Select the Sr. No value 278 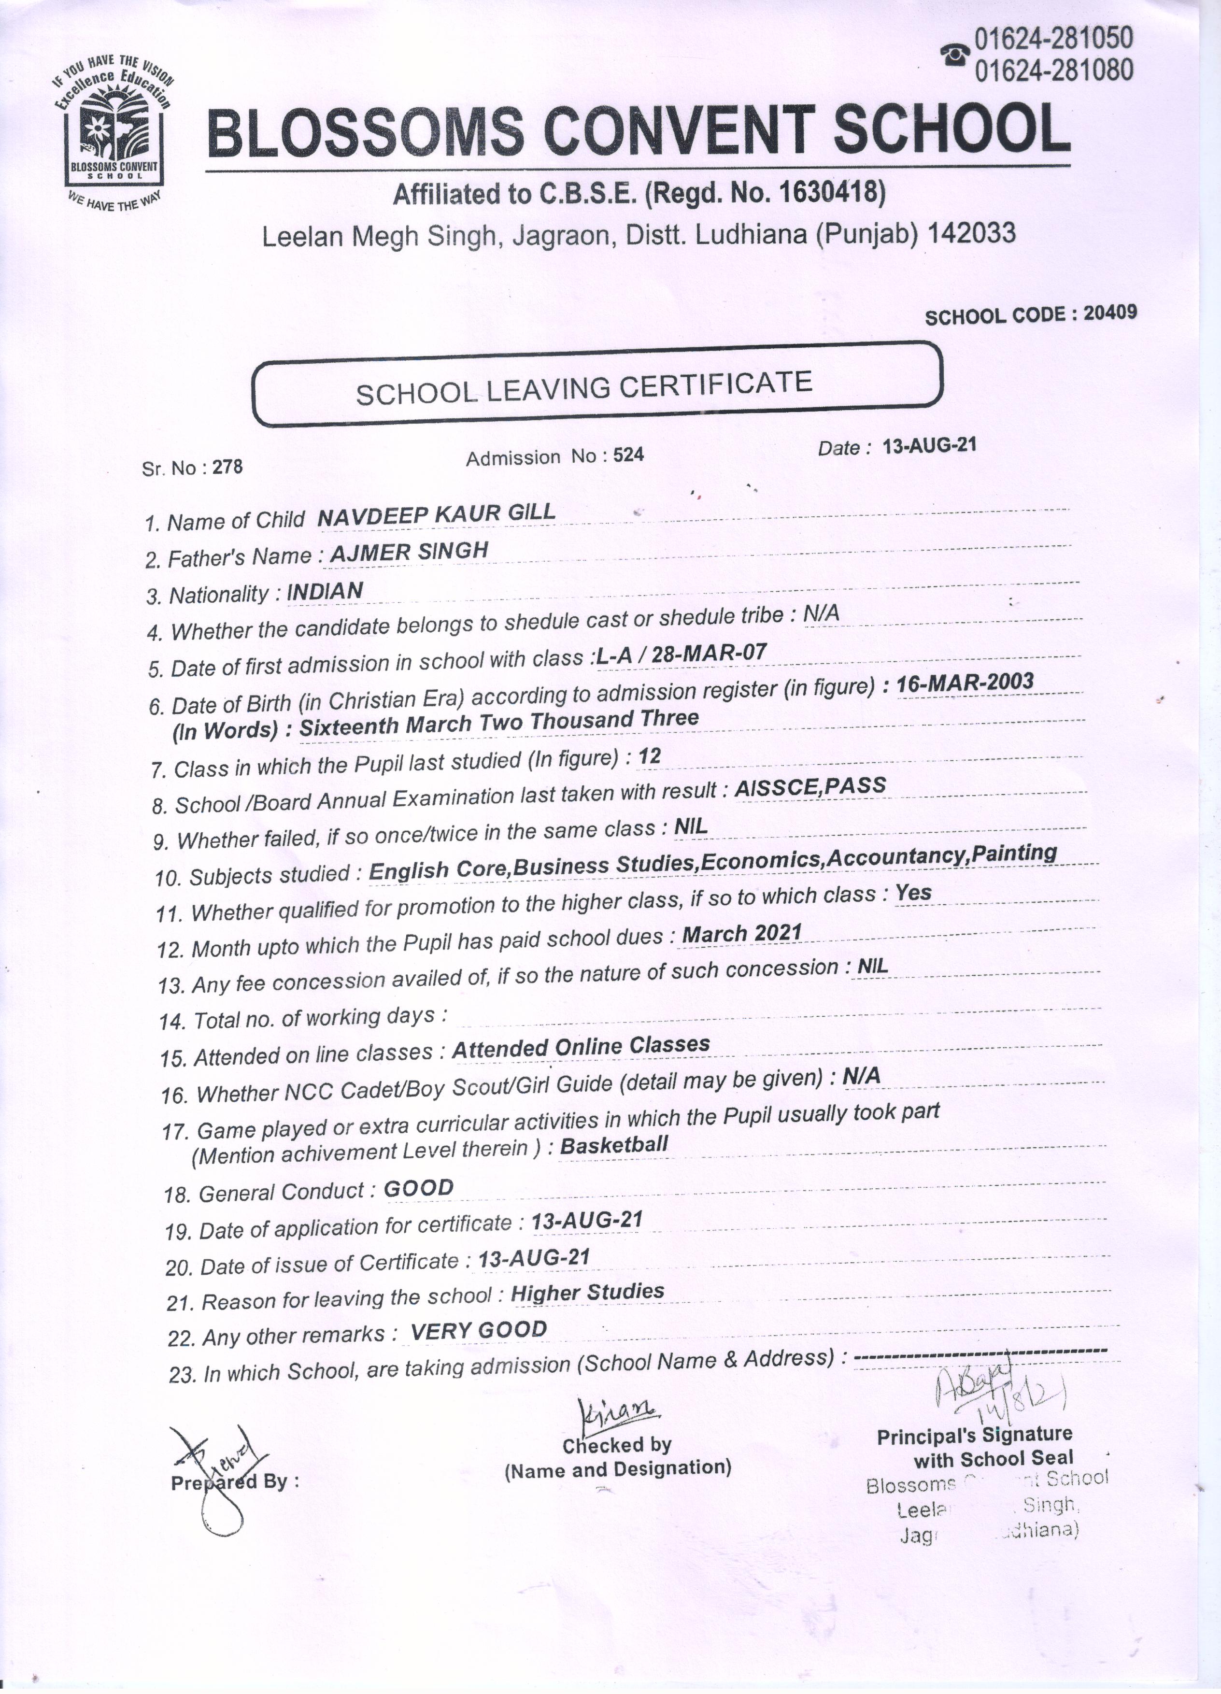pos(228,467)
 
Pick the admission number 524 pos(628,455)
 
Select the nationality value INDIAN pos(325,591)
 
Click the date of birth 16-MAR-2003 pos(965,682)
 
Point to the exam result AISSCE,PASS pos(810,786)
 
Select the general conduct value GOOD pos(418,1188)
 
